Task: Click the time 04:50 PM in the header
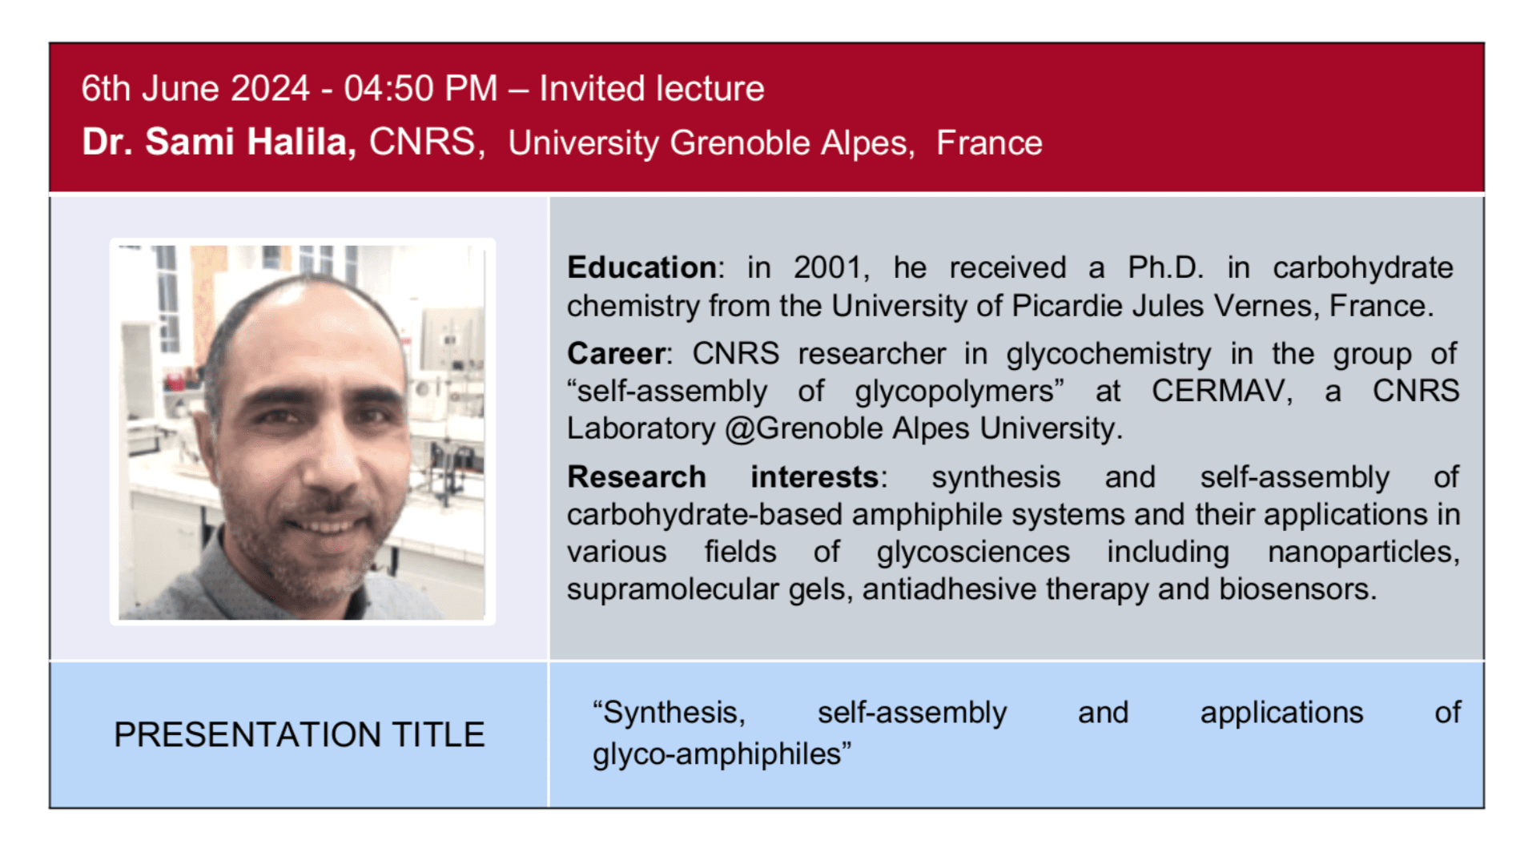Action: click(420, 89)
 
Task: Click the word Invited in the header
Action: click(591, 89)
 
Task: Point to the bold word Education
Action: click(641, 267)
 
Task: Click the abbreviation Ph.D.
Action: click(1165, 267)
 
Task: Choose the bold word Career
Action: click(616, 353)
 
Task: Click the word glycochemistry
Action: click(1108, 353)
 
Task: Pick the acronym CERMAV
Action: click(1221, 391)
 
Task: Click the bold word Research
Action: click(636, 477)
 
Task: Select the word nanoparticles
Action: click(1363, 552)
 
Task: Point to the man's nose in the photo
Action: click(332, 464)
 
